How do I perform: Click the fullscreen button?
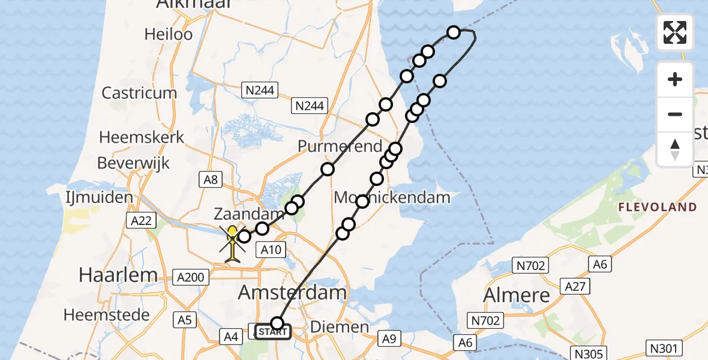click(x=675, y=32)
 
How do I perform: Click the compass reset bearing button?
click(x=675, y=149)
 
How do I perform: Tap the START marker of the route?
click(x=274, y=331)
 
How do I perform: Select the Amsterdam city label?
click(x=293, y=293)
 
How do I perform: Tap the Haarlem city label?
click(x=118, y=275)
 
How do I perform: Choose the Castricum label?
click(x=139, y=93)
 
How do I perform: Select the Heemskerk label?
click(x=142, y=137)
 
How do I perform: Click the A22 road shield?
click(x=140, y=221)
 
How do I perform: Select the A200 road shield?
click(x=191, y=277)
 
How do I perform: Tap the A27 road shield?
click(x=575, y=287)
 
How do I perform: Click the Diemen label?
click(x=339, y=327)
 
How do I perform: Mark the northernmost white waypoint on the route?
click(x=454, y=32)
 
